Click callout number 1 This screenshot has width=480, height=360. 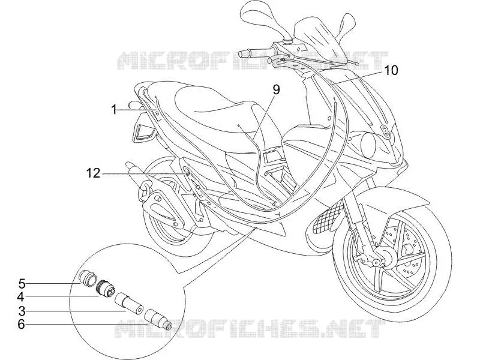click(x=114, y=109)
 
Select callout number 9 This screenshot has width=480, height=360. click(x=276, y=89)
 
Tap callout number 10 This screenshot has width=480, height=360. click(x=391, y=70)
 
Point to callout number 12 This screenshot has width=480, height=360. click(x=94, y=173)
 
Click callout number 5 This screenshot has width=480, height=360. click(x=22, y=283)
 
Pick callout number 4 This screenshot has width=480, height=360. click(x=21, y=296)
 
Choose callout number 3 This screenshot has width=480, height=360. click(x=22, y=311)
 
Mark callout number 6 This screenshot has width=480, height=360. click(x=21, y=324)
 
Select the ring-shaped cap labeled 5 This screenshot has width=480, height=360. click(x=88, y=277)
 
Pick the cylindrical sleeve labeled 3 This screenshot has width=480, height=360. click(x=129, y=303)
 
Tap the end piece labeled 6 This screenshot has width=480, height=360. click(x=158, y=319)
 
